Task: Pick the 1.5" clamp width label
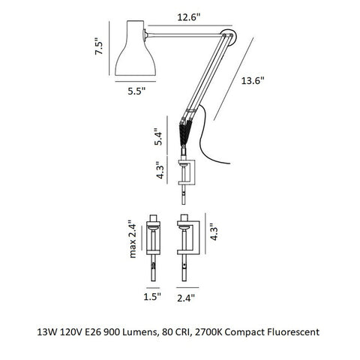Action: (x=151, y=298)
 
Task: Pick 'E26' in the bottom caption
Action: (x=89, y=330)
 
